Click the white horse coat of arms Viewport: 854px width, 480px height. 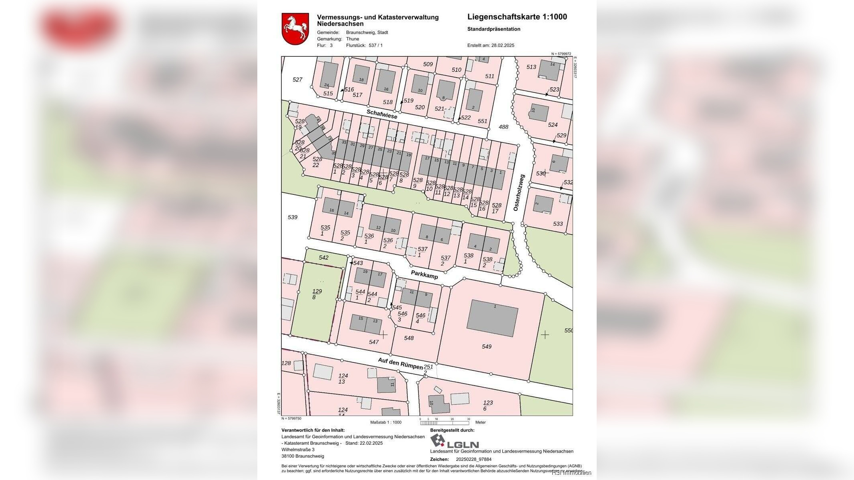295,29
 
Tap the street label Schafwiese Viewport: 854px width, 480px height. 382,114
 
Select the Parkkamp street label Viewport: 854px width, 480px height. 424,274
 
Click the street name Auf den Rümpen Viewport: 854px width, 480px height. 400,363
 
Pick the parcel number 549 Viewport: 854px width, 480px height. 487,346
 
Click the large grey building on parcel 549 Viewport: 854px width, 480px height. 492,318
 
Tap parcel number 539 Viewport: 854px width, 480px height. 293,217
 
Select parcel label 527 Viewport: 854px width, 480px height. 297,80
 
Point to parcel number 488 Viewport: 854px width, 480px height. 503,127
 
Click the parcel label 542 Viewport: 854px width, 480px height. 323,258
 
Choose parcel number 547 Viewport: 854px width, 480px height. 374,342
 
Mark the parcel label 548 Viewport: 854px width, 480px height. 409,338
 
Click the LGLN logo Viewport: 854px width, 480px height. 454,442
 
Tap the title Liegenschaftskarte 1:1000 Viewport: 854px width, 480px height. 517,17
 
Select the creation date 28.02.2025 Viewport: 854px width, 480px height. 503,45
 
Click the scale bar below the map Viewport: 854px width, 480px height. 444,422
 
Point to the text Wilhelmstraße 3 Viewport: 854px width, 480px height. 298,450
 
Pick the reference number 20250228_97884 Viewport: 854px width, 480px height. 473,459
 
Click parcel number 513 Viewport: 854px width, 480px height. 531,67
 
